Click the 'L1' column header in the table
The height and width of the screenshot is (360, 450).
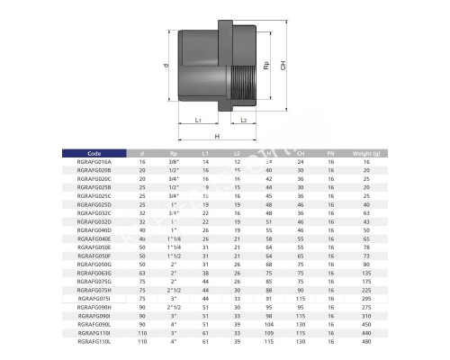[x=205, y=154]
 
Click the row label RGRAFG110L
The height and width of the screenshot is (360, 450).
[x=95, y=343]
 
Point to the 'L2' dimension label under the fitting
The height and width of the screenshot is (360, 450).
[x=243, y=119]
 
